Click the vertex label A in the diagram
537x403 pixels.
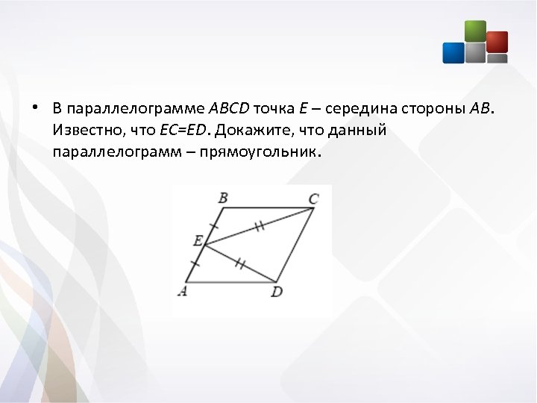[182, 291]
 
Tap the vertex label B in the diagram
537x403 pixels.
[222, 198]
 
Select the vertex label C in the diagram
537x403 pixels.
[313, 199]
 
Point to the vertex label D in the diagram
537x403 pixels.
[277, 292]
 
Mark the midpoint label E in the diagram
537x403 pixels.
[198, 241]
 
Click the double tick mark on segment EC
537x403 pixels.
[259, 225]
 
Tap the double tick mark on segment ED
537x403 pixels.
[240, 263]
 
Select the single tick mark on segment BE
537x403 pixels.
[214, 225]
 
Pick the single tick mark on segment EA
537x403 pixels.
[195, 263]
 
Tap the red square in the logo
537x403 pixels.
[497, 42]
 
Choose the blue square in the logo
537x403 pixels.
[453, 52]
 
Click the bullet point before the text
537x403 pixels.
[35, 107]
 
